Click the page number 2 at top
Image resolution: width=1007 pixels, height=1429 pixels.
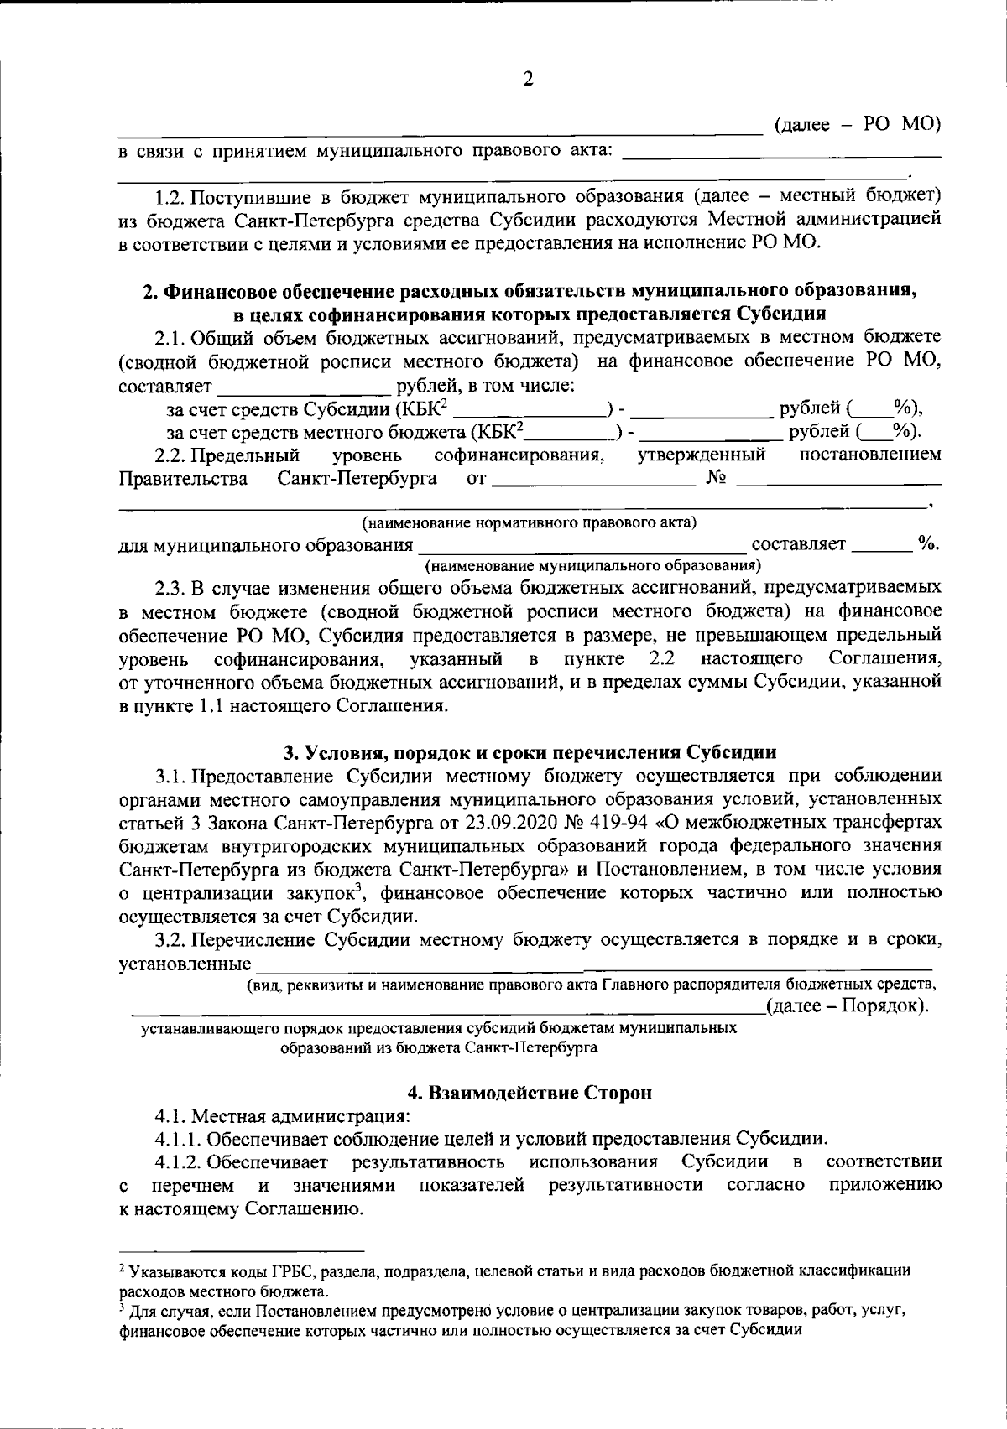pos(527,80)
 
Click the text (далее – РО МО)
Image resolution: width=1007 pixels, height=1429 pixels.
pos(855,126)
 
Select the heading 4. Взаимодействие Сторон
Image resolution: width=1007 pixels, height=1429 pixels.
pos(529,1093)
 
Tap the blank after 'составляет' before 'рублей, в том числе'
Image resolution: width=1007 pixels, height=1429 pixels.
pos(305,388)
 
